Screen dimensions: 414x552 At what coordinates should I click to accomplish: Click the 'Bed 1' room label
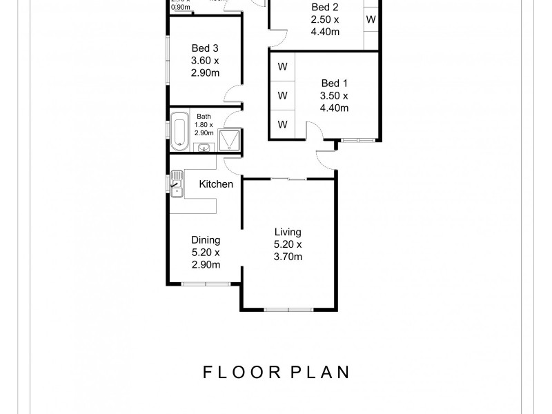(334, 83)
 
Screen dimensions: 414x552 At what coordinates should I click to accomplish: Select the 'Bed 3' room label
(205, 48)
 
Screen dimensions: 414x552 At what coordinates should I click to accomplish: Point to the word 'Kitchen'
(216, 184)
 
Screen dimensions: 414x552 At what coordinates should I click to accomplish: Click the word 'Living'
(288, 232)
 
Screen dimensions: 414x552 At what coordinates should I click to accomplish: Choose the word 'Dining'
(206, 240)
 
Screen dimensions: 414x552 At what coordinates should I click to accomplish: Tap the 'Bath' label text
(204, 117)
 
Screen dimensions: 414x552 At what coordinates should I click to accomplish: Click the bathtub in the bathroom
(179, 131)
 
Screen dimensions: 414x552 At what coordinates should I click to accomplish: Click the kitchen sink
(177, 185)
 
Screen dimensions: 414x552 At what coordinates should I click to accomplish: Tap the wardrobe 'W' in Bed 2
(371, 19)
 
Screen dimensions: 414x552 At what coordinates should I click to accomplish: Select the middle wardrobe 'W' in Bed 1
(282, 95)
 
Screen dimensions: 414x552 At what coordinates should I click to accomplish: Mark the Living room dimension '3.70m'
(288, 257)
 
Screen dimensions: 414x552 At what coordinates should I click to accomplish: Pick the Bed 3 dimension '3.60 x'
(205, 61)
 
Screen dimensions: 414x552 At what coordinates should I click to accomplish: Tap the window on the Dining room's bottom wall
(205, 284)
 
